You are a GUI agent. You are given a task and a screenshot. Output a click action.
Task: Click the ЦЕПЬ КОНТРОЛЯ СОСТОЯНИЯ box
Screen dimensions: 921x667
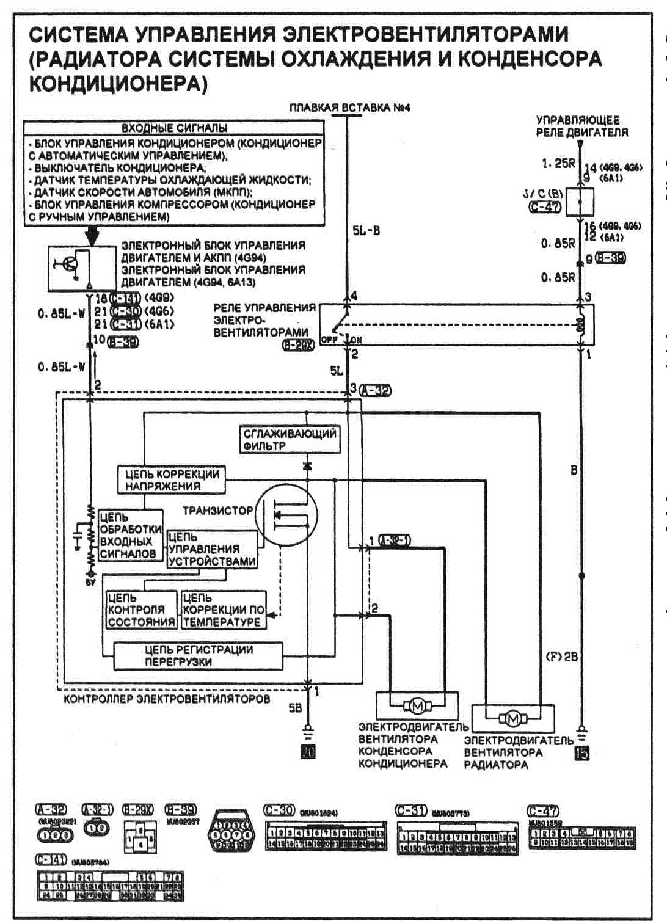pyautogui.click(x=141, y=610)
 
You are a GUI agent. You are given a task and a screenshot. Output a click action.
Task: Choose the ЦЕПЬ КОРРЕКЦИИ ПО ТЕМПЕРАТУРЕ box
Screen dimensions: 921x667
pyautogui.click(x=224, y=610)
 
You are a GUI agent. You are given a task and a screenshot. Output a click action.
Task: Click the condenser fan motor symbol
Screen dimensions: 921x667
pyautogui.click(x=418, y=706)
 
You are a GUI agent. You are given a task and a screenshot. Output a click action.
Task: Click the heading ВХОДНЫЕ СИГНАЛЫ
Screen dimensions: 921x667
pyautogui.click(x=175, y=128)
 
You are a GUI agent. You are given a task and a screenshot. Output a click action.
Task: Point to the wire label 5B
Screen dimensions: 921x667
pyautogui.click(x=296, y=710)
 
